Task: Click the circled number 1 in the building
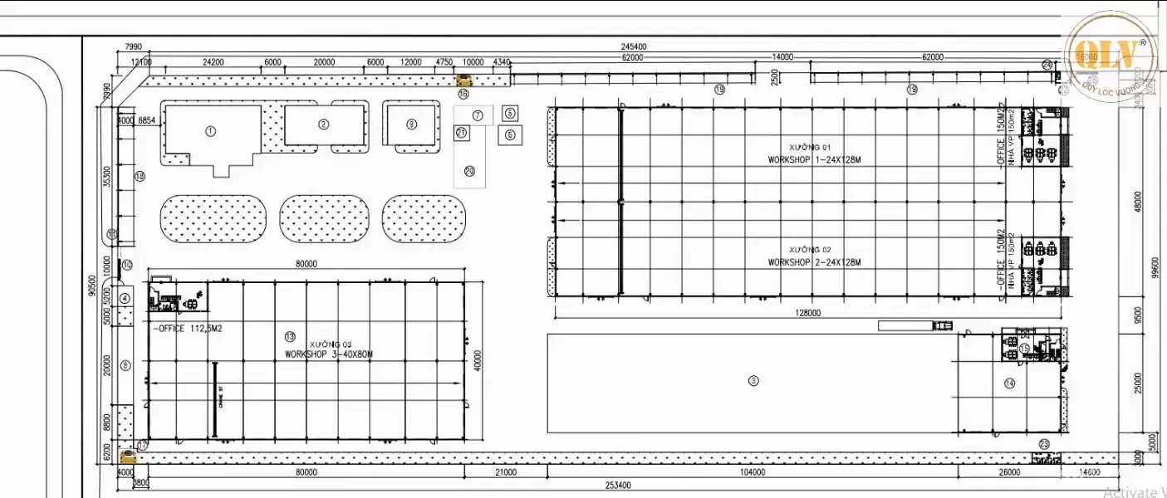tap(210, 130)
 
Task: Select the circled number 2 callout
tap(324, 124)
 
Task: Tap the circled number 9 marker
tap(411, 124)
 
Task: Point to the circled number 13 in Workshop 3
tap(289, 336)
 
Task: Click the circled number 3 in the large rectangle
tap(753, 381)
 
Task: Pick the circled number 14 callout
tap(1009, 383)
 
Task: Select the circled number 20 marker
tap(469, 171)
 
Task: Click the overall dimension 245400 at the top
tap(633, 46)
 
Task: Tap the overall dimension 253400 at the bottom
tap(618, 486)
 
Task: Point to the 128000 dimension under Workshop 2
tap(807, 313)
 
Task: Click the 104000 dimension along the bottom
tap(752, 472)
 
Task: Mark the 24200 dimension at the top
tap(213, 61)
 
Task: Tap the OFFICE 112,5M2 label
tap(187, 329)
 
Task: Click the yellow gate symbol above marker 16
tap(464, 80)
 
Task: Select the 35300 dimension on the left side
tap(107, 177)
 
